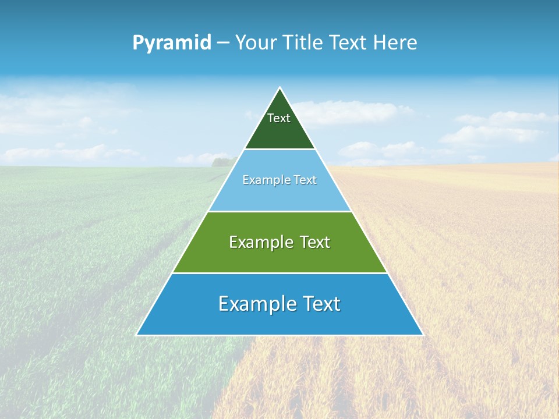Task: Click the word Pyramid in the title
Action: (x=172, y=42)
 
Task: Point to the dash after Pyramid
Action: (x=223, y=43)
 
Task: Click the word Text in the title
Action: (x=349, y=42)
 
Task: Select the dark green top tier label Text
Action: (x=279, y=118)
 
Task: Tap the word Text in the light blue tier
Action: (x=305, y=180)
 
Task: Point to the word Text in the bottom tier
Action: (x=319, y=304)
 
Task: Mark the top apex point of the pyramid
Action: (x=279, y=88)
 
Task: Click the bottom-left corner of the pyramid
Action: (x=137, y=335)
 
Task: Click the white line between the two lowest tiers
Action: (x=279, y=273)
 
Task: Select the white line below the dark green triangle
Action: (x=279, y=150)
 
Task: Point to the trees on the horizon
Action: (x=224, y=161)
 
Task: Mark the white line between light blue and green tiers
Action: (x=279, y=211)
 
